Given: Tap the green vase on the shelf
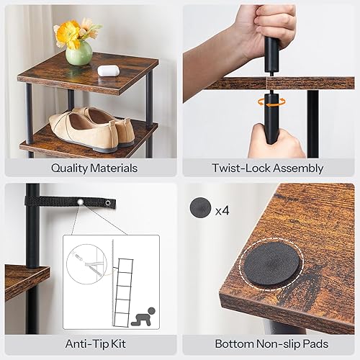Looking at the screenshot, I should [x=79, y=53].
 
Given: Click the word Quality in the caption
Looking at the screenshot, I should [x=70, y=168].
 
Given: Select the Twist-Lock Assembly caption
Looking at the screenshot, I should [x=269, y=168].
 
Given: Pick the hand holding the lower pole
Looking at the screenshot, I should [x=277, y=140].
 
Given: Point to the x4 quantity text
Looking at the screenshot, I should [x=223, y=210].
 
